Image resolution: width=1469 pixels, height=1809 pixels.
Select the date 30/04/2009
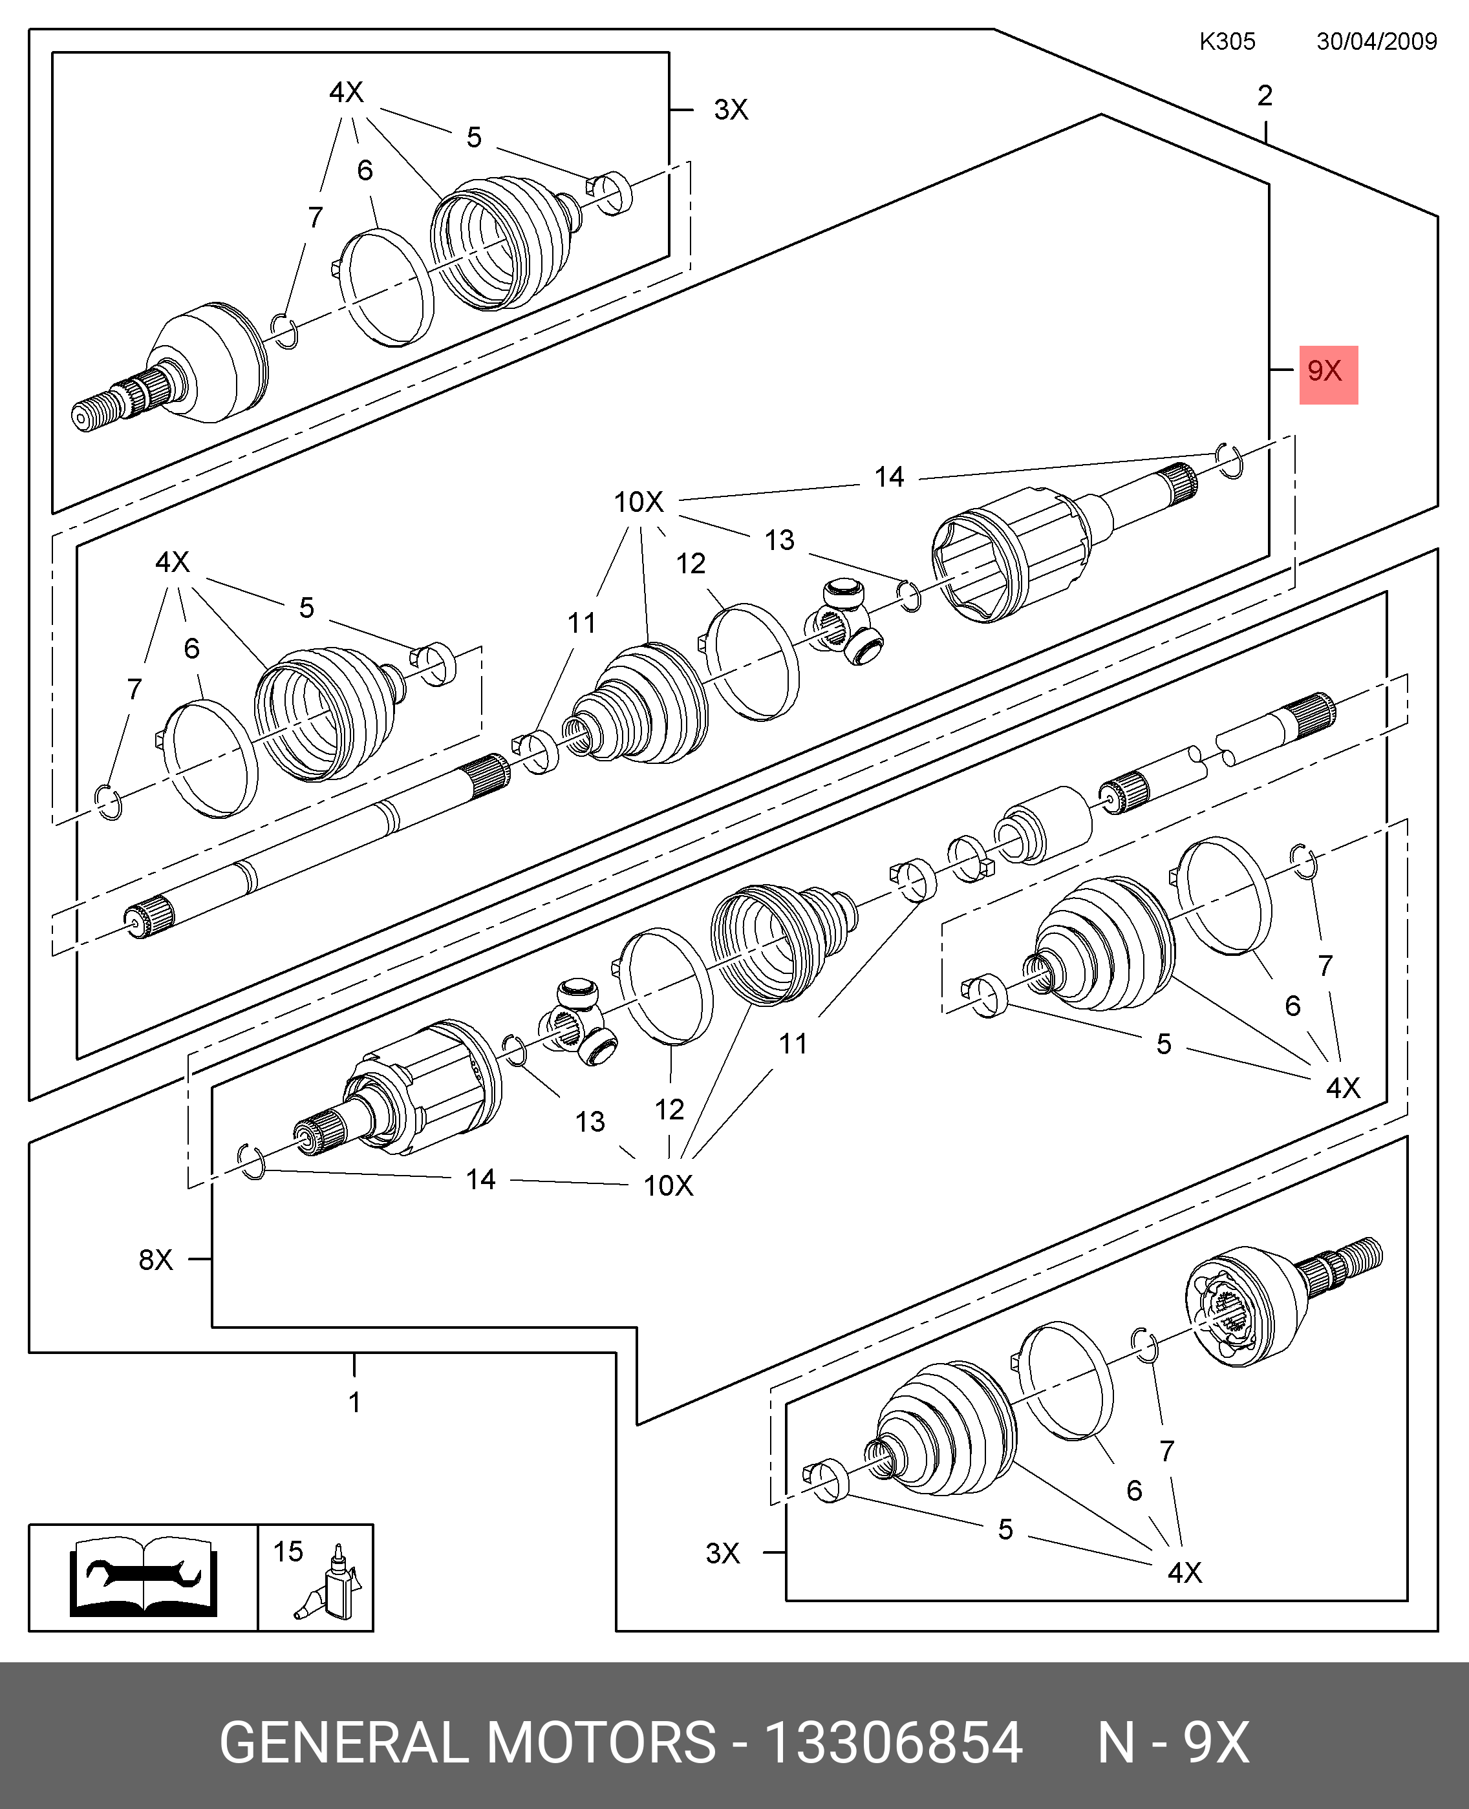pyautogui.click(x=1376, y=41)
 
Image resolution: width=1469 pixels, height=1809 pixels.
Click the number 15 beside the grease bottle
pyautogui.click(x=288, y=1551)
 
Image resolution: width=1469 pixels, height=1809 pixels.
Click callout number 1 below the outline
pyautogui.click(x=354, y=1402)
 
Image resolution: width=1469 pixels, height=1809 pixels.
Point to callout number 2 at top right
pyautogui.click(x=1264, y=96)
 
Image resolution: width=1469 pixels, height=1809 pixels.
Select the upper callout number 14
pyautogui.click(x=888, y=477)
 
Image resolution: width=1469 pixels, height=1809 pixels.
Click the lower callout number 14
pyautogui.click(x=480, y=1179)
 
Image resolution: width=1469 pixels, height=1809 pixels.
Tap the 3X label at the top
pyautogui.click(x=731, y=109)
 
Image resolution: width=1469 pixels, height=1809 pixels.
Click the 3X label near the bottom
pyautogui.click(x=723, y=1553)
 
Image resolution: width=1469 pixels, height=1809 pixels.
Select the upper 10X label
pyautogui.click(x=639, y=502)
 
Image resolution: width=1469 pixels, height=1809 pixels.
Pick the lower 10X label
pyautogui.click(x=668, y=1186)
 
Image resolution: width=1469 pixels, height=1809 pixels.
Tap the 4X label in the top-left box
pyautogui.click(x=346, y=91)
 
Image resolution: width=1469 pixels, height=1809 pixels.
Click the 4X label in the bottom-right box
pyautogui.click(x=1184, y=1572)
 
